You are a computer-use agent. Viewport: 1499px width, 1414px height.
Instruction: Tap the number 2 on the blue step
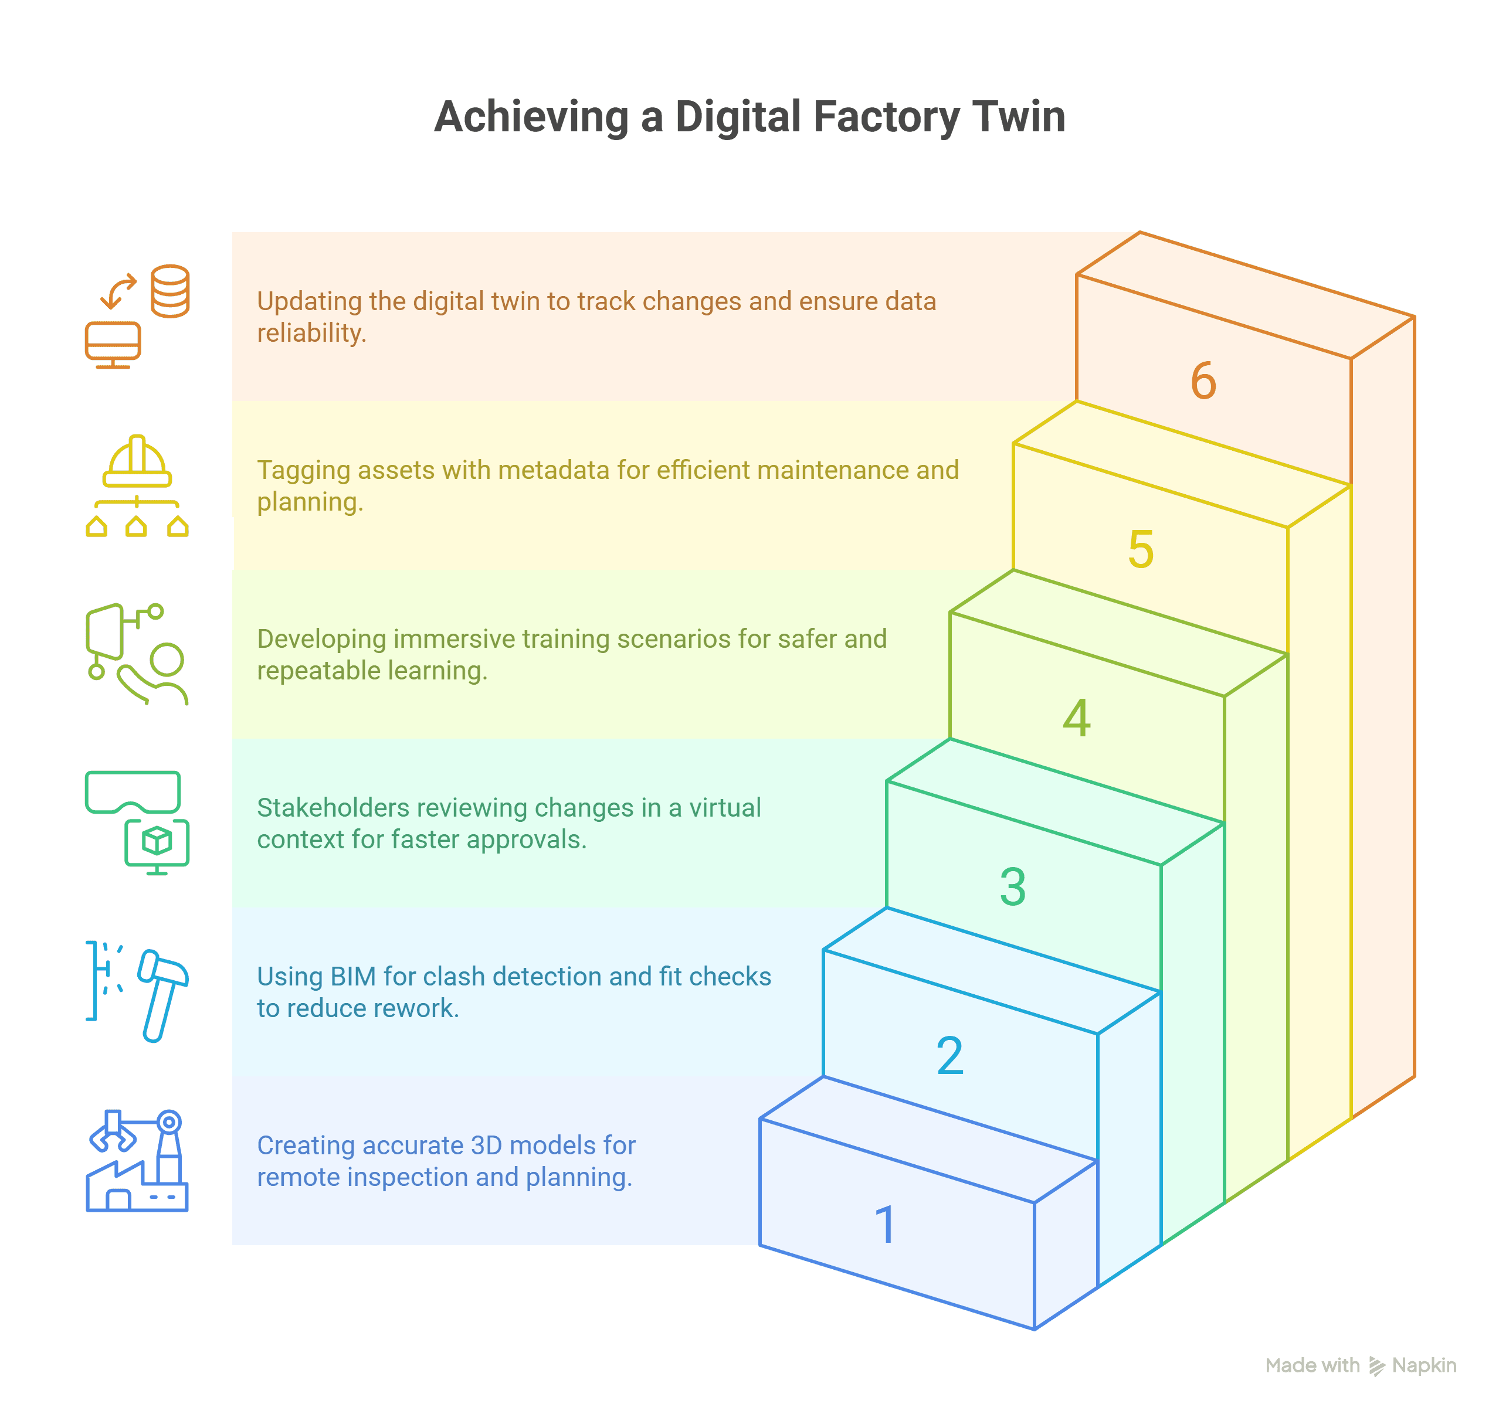click(949, 1055)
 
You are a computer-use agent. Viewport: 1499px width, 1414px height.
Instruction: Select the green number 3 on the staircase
click(1013, 886)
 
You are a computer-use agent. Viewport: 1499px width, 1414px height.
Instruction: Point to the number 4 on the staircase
click(1077, 718)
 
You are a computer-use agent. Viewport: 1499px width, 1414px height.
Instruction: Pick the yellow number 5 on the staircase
click(1141, 549)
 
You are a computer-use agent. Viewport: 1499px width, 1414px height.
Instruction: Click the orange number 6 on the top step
click(1203, 380)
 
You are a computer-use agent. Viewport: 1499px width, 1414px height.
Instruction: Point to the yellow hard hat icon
click(137, 461)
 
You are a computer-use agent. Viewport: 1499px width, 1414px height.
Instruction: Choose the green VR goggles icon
click(133, 791)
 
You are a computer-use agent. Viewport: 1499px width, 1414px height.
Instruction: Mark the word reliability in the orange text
click(311, 333)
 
